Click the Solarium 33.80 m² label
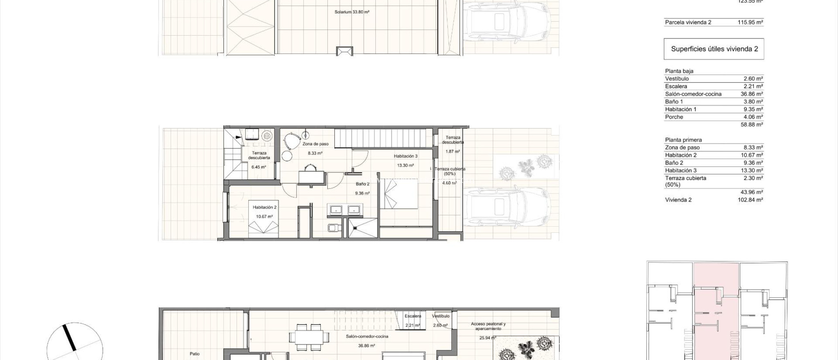tap(351, 12)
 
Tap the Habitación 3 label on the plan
tap(405, 156)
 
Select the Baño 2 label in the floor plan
tap(362, 184)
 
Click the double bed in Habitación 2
tap(264, 228)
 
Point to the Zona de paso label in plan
tap(315, 144)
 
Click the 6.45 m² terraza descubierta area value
tap(259, 167)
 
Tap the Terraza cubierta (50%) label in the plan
tap(450, 171)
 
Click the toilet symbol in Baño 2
tap(333, 227)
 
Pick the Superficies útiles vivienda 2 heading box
tap(714, 49)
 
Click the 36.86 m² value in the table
tap(752, 94)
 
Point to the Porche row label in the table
tap(674, 117)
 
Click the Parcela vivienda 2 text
tap(688, 22)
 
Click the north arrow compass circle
tap(74, 344)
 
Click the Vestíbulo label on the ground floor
tap(440, 316)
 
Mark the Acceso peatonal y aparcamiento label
tap(488, 326)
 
